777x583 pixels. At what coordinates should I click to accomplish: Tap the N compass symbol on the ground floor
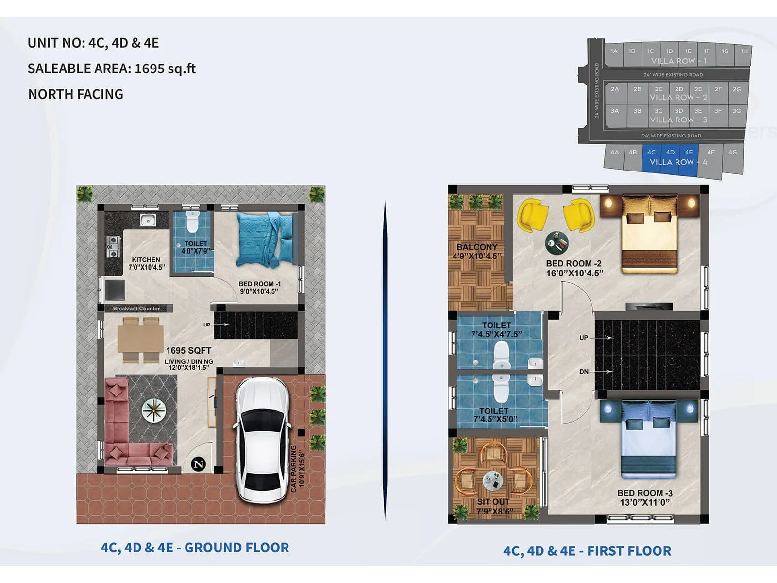tap(198, 464)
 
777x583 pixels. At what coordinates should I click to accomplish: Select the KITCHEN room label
tap(146, 260)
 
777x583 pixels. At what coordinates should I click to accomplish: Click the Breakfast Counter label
tap(136, 309)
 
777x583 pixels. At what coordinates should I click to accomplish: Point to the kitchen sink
tap(148, 221)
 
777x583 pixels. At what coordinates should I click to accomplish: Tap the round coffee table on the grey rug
tap(154, 411)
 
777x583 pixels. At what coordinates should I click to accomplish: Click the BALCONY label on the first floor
tap(477, 247)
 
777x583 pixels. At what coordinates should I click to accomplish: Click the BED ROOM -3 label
tap(644, 493)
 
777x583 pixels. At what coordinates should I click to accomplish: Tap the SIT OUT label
tap(493, 502)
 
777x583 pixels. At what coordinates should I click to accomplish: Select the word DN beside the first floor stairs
tap(584, 372)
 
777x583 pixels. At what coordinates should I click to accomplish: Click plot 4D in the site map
tap(670, 152)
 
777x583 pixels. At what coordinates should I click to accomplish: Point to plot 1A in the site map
tap(614, 51)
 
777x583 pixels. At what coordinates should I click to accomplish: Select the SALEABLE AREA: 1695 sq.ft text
tap(111, 69)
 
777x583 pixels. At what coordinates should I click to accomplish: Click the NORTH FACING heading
tap(76, 94)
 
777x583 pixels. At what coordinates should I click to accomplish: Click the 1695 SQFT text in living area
tap(188, 350)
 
